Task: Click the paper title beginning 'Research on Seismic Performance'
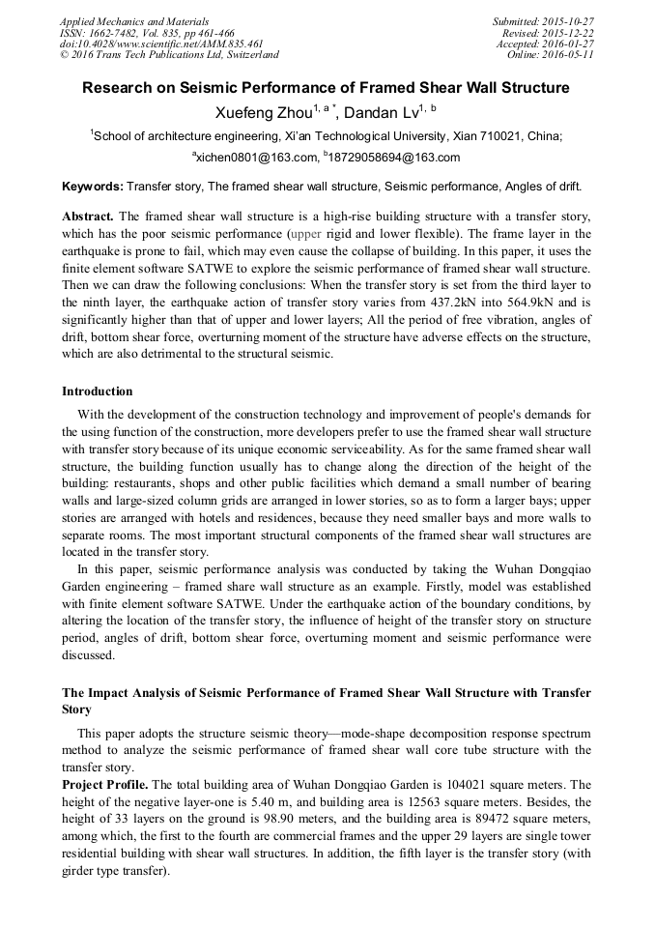326,88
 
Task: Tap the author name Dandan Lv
383,113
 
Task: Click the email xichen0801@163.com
256,158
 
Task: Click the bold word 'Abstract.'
88,215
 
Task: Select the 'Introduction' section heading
98,391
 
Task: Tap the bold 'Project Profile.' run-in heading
105,784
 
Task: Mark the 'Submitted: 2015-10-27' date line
543,21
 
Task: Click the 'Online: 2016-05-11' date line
551,55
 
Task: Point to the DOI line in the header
147,43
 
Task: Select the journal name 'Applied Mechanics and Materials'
134,21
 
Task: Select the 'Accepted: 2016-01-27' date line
545,43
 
